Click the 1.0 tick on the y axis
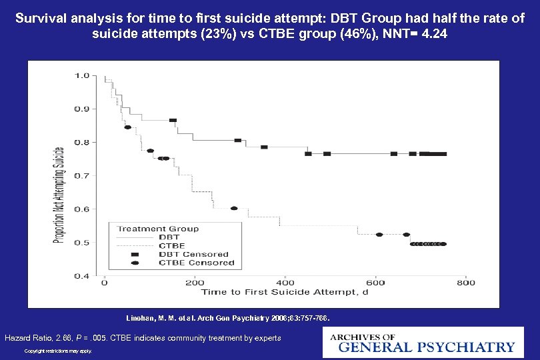[81, 75]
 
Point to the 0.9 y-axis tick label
[81, 109]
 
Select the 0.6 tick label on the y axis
[81, 209]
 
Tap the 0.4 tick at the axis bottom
[81, 275]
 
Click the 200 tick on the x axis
[194, 283]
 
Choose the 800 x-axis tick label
[465, 283]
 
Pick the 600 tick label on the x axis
[375, 283]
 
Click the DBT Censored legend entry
[193, 254]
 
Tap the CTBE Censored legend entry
[196, 263]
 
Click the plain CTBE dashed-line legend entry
[172, 245]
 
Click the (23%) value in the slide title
[209, 33]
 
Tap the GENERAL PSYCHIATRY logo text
[427, 347]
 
